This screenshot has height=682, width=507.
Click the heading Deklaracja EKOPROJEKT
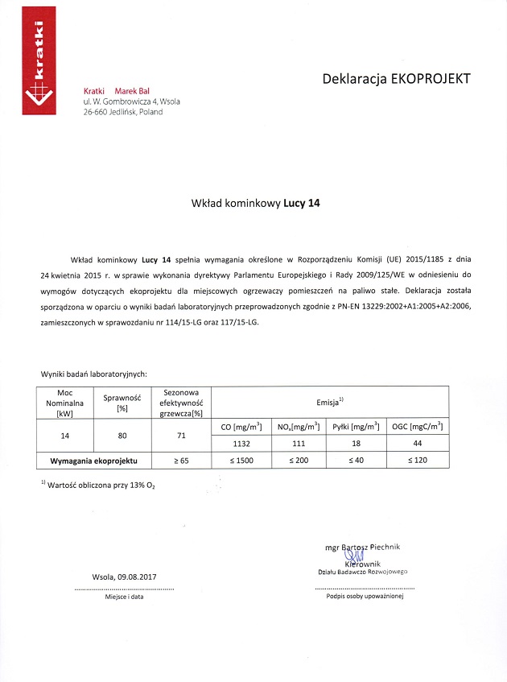[x=395, y=79]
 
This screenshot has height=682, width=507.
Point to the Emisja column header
[x=330, y=400]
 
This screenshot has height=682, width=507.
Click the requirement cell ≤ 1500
[x=242, y=461]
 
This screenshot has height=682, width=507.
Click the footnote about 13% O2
[x=101, y=486]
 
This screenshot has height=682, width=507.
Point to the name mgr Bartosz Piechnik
[x=361, y=547]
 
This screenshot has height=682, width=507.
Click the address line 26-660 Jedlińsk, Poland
[x=122, y=112]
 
